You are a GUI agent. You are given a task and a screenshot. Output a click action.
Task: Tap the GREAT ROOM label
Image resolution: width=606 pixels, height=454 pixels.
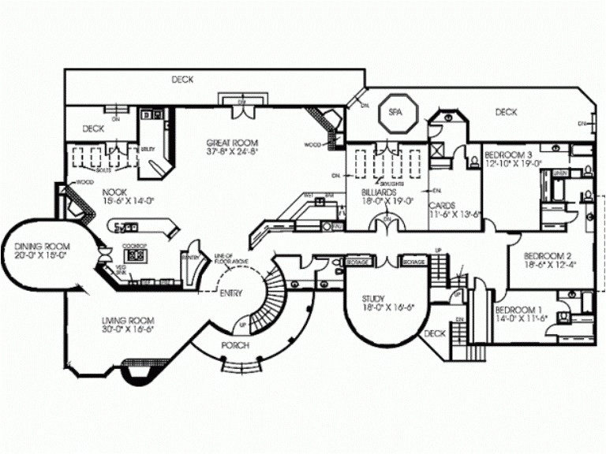tap(232, 143)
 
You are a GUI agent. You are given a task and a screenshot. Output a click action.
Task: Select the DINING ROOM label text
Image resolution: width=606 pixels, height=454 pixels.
tap(32, 247)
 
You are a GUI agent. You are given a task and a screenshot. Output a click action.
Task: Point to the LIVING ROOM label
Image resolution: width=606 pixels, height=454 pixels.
tap(125, 320)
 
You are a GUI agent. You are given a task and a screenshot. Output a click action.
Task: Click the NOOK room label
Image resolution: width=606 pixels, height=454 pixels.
tap(114, 192)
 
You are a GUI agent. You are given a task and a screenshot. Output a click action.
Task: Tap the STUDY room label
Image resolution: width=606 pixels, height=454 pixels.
tap(373, 299)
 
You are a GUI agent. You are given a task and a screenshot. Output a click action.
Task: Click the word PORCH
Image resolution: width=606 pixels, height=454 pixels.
tap(235, 346)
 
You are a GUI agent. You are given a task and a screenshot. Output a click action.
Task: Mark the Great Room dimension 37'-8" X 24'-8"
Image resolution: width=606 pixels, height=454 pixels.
tap(232, 151)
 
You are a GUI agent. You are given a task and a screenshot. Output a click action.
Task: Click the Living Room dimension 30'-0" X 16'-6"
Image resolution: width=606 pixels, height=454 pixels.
tap(125, 329)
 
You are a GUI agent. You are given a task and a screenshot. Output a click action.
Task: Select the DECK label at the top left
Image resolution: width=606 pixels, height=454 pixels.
tap(182, 80)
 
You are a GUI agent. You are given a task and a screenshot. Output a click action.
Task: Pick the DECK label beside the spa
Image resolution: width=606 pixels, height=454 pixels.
tap(506, 113)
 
